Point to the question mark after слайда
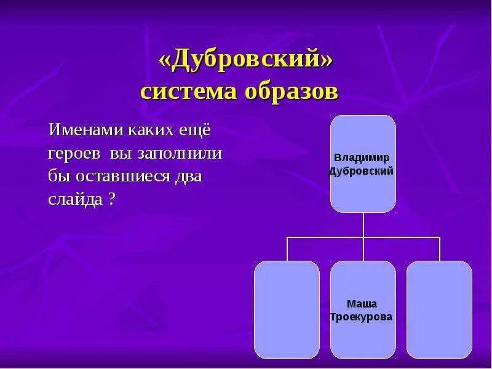[x=112, y=200]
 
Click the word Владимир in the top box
[x=363, y=157]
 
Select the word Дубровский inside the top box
[x=363, y=171]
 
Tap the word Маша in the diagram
[x=363, y=304]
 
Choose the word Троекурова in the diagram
[x=363, y=317]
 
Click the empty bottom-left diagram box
[x=287, y=309]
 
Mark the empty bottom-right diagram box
[x=439, y=309]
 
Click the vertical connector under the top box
[x=363, y=224]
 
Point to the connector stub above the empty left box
[x=287, y=249]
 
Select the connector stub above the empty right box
[x=440, y=249]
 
